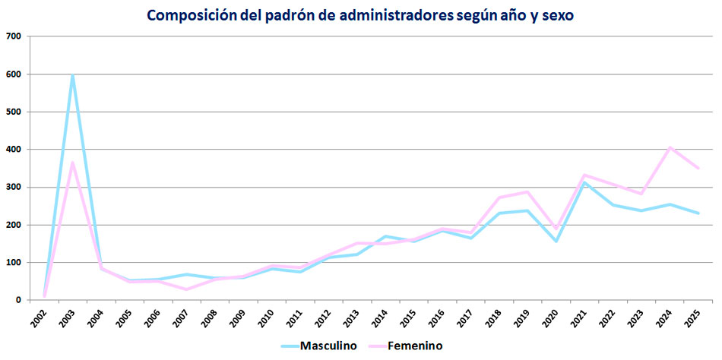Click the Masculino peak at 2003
tap(72, 74)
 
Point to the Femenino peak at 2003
tap(72, 163)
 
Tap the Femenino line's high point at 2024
tap(670, 147)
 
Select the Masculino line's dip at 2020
tap(556, 242)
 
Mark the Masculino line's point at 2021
tap(584, 183)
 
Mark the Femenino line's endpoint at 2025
tap(698, 168)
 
